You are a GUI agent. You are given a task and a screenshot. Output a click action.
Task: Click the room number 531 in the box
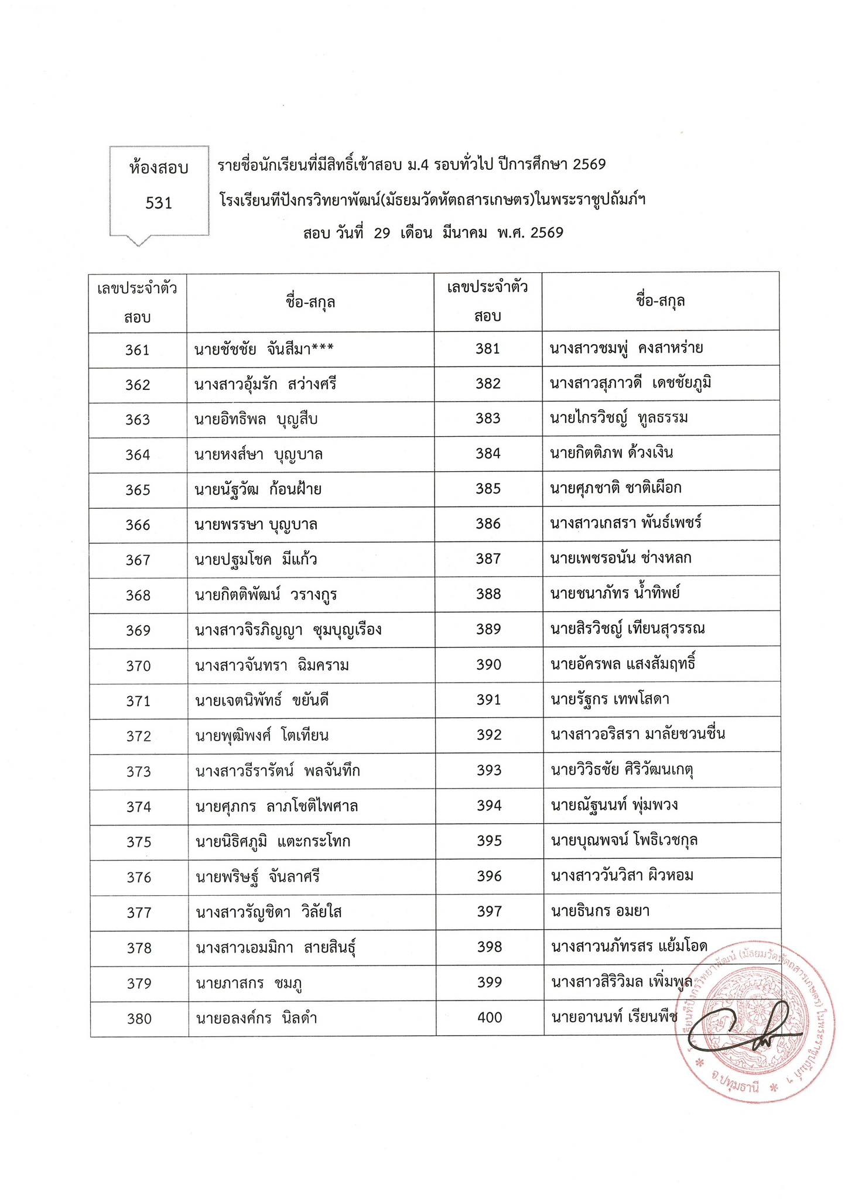click(x=159, y=203)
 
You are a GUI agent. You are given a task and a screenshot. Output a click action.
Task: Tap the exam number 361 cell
click(x=138, y=350)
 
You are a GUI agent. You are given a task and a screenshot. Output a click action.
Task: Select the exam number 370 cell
click(x=139, y=666)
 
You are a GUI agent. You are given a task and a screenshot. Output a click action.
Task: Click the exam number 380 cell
click(x=139, y=1019)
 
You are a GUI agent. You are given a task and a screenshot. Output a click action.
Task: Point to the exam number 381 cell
click(x=488, y=349)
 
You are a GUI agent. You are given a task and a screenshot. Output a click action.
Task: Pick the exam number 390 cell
click(x=489, y=664)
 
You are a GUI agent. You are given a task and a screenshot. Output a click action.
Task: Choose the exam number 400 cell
click(x=490, y=1018)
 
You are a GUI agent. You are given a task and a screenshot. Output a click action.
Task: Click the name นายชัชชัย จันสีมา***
click(x=264, y=350)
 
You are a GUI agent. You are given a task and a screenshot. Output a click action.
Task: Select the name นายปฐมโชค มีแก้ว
click(x=256, y=560)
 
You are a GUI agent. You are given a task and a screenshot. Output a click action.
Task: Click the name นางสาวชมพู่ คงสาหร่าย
click(x=626, y=348)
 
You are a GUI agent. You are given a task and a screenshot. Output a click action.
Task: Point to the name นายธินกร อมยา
click(x=600, y=911)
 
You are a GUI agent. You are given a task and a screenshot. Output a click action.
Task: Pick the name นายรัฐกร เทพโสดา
click(x=610, y=699)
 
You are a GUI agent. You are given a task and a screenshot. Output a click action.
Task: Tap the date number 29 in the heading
click(x=382, y=234)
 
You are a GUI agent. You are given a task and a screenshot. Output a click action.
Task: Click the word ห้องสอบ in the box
click(x=159, y=169)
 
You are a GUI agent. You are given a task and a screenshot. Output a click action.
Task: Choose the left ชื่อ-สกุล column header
click(x=310, y=303)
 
